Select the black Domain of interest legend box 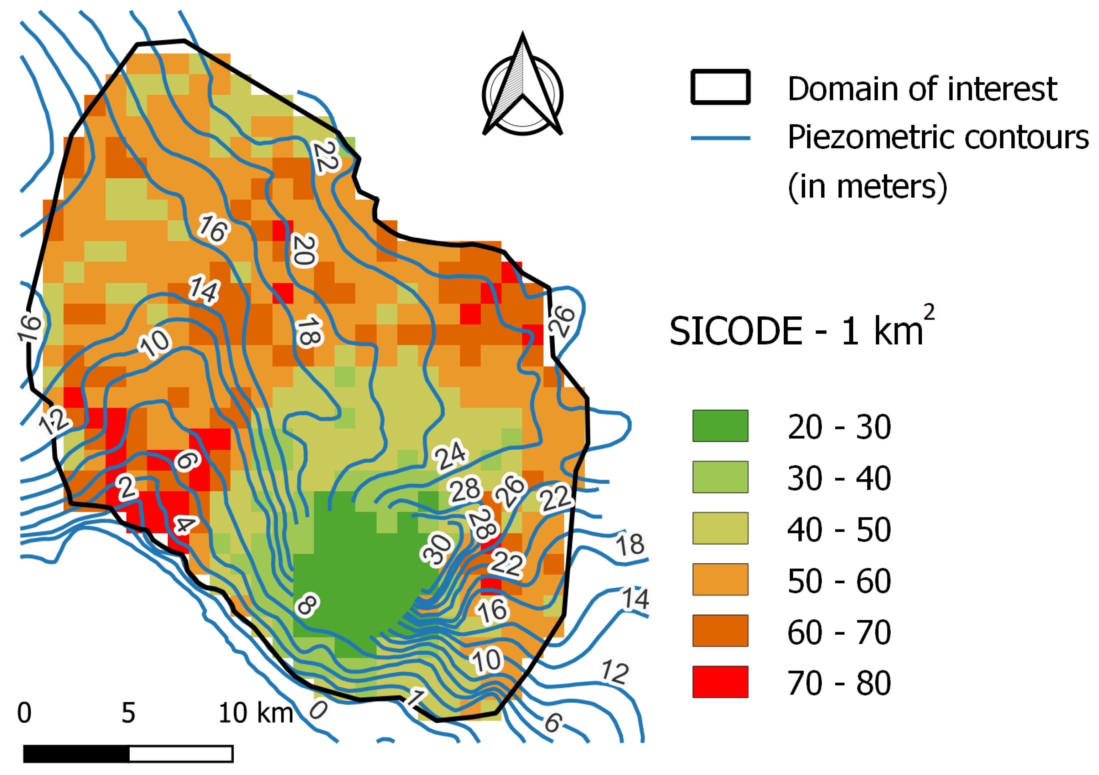pos(720,87)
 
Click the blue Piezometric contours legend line pos(720,138)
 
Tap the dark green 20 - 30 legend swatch pos(720,425)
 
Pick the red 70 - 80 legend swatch pos(720,682)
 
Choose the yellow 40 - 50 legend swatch pos(720,528)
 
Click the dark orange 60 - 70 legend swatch pos(720,630)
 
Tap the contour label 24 pos(450,455)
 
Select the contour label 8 pos(307,605)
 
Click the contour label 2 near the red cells pos(127,488)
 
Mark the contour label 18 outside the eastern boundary pos(630,545)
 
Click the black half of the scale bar pos(77,754)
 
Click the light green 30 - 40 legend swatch pos(720,477)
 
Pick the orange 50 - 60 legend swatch pos(720,579)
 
